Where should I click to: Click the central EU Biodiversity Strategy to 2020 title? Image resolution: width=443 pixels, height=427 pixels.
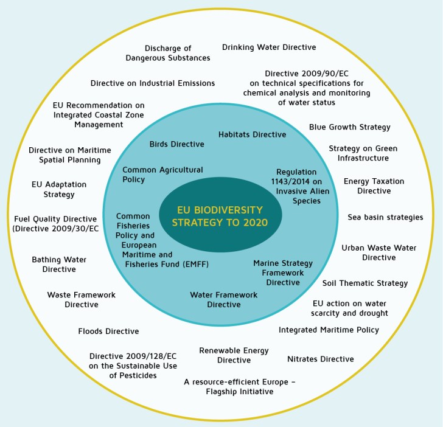coord(220,215)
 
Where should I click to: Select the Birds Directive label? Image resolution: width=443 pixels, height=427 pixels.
coord(176,144)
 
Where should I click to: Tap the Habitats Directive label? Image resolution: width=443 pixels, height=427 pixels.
coord(252,134)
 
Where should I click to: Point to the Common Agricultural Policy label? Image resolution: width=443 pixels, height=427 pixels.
coord(162,175)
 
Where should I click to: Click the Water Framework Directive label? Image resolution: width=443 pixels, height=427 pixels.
coord(223,299)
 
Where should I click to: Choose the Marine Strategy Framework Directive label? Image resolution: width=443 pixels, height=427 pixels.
coord(283,273)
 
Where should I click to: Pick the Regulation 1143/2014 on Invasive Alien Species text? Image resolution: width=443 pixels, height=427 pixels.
coord(298,186)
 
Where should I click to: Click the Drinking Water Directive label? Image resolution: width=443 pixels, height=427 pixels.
coord(269,47)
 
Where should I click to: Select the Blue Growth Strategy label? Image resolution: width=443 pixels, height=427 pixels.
coord(349,127)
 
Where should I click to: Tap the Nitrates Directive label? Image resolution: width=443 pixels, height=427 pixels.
coord(320,359)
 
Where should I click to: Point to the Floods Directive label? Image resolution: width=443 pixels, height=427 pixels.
coord(108,332)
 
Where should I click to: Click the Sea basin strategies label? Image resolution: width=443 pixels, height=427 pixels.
coord(385,217)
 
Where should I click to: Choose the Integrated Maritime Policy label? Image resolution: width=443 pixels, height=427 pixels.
coord(329,330)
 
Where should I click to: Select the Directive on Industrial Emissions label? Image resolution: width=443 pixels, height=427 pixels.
coord(153,83)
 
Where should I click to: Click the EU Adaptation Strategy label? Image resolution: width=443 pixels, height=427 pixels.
coord(59,189)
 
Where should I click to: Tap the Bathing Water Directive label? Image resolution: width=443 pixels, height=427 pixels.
coord(59,264)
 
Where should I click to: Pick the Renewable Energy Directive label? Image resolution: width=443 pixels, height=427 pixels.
coord(225,355)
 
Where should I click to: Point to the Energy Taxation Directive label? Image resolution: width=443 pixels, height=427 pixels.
coord(374,186)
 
